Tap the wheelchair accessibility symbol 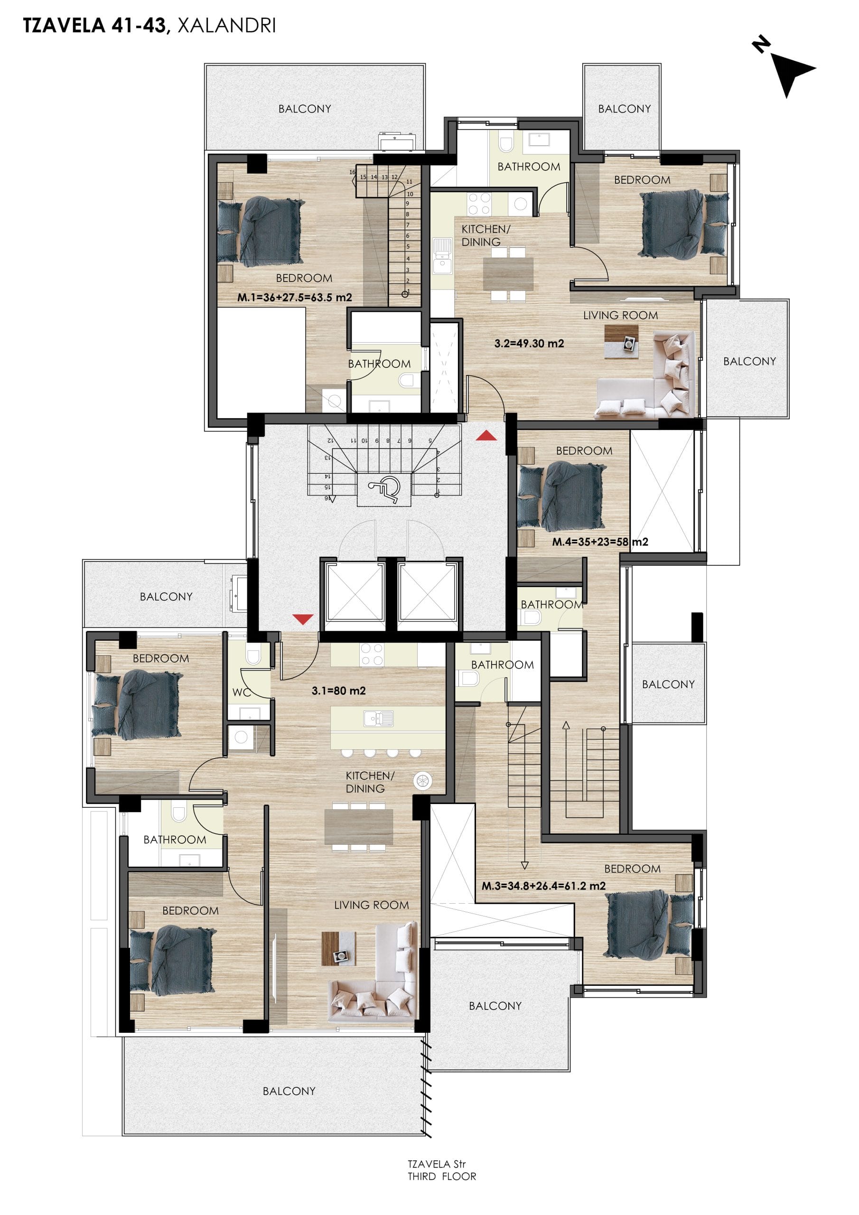384,487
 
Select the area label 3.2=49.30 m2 529,344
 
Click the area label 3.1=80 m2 339,691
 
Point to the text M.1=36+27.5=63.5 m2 294,298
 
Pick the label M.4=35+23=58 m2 600,542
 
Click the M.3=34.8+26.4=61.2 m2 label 543,886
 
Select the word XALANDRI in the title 226,26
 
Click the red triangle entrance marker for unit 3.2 486,436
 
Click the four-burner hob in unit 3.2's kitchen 479,204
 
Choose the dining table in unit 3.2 508,273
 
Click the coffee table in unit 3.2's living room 621,341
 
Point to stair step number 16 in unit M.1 353,172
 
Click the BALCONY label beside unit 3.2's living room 749,362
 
